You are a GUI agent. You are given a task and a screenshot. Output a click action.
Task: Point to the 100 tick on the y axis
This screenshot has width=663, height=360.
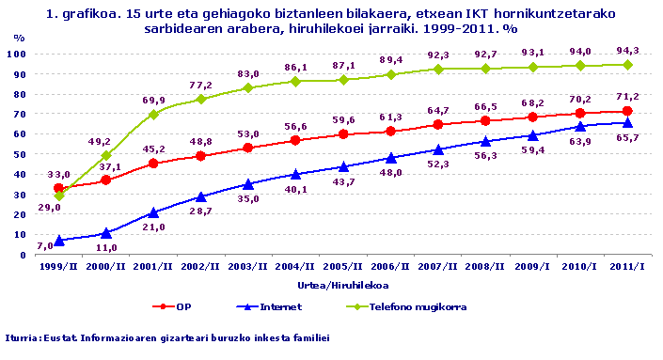[x=17, y=54]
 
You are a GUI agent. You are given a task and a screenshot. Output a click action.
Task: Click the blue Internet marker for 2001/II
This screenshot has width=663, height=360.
[x=153, y=212]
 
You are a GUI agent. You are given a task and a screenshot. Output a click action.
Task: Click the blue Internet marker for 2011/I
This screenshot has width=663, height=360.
[x=627, y=122]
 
